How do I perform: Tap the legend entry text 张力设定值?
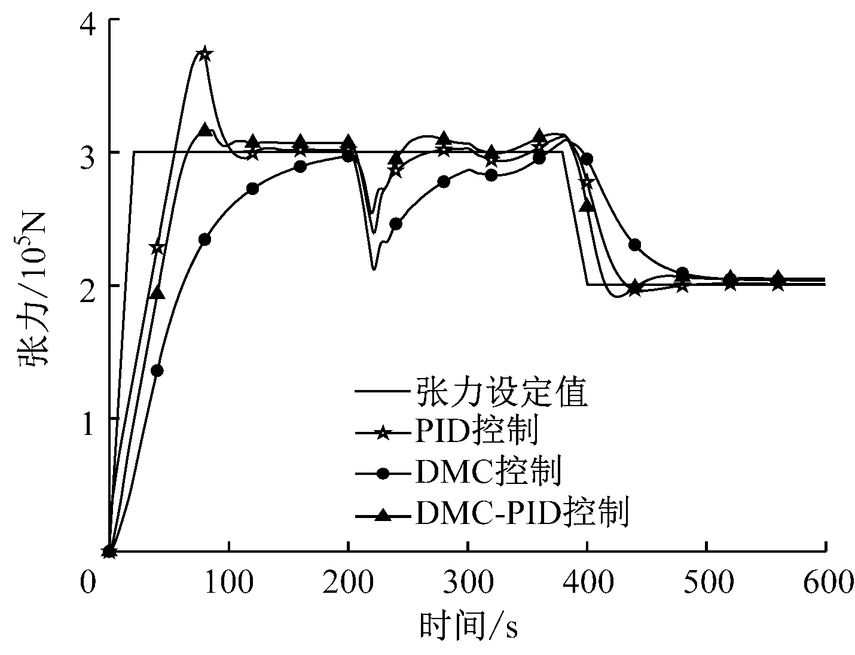499,392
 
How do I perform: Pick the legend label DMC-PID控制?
520,513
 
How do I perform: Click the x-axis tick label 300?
468,583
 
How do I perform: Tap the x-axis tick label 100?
228,583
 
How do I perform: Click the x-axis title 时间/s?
468,626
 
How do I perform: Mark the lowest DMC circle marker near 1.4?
157,371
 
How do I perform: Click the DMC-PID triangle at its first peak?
205,130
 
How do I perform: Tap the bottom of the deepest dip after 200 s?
373,269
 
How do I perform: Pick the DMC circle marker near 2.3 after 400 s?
635,245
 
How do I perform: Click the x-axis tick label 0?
88,583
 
